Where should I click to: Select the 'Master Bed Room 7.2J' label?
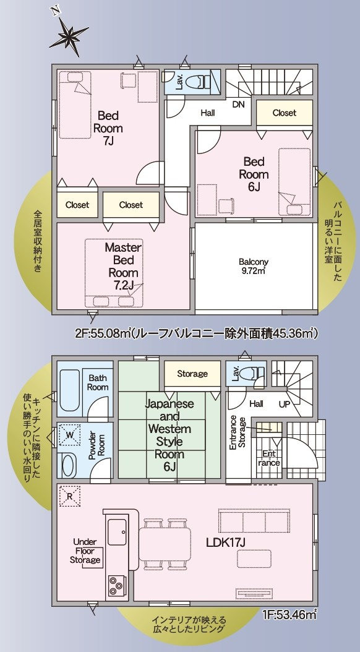click(123, 265)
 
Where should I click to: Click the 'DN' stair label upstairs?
click(239, 105)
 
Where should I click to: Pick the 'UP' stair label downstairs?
click(285, 403)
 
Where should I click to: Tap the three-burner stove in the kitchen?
click(117, 583)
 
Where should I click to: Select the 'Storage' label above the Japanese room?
click(192, 374)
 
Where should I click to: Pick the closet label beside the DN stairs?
click(284, 113)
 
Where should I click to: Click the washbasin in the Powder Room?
click(69, 465)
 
